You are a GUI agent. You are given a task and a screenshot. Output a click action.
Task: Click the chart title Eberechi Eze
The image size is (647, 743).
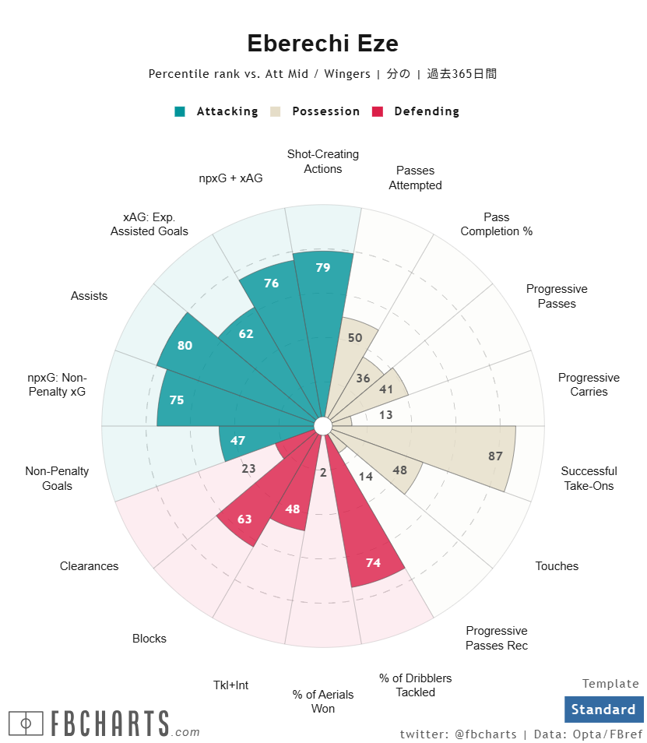pyautogui.click(x=322, y=44)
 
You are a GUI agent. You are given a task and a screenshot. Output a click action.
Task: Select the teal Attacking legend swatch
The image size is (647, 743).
pyautogui.click(x=181, y=111)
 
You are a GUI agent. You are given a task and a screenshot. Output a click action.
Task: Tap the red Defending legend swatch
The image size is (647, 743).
pyautogui.click(x=379, y=111)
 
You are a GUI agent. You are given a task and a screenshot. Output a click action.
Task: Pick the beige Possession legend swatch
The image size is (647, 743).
pyautogui.click(x=276, y=111)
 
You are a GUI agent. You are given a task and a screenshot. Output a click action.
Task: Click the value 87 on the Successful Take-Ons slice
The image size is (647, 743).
pyautogui.click(x=495, y=456)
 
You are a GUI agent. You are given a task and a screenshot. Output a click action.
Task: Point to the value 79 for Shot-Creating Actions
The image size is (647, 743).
pyautogui.click(x=323, y=268)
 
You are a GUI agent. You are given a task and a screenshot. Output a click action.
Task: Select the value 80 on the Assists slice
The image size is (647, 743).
pyautogui.click(x=185, y=345)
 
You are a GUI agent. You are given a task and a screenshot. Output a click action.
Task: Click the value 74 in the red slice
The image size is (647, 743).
pyautogui.click(x=373, y=562)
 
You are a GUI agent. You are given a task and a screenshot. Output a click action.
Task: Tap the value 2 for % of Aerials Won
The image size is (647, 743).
pyautogui.click(x=323, y=473)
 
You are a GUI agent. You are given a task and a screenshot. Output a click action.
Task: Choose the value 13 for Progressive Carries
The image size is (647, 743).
pyautogui.click(x=386, y=415)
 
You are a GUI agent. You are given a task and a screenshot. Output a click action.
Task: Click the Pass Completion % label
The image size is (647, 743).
pyautogui.click(x=496, y=224)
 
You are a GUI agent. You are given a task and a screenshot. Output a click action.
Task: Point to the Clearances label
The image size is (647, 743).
pyautogui.click(x=89, y=566)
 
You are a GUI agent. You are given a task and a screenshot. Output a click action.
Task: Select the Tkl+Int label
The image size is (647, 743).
pyautogui.click(x=230, y=685)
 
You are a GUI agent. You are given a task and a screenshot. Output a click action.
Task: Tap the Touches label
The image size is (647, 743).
pyautogui.click(x=557, y=566)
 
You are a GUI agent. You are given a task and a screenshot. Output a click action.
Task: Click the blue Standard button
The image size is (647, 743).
pyautogui.click(x=603, y=710)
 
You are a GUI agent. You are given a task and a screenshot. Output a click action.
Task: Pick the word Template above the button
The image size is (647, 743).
pyautogui.click(x=610, y=684)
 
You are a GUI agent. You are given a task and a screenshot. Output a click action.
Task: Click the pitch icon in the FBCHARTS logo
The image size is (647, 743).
pyautogui.click(x=26, y=724)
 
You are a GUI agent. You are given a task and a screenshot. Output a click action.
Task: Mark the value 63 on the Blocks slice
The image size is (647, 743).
pyautogui.click(x=244, y=519)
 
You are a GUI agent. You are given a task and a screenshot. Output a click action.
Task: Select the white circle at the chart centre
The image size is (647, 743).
pyautogui.click(x=323, y=425)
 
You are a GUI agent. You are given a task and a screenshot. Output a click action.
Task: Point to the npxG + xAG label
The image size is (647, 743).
pyautogui.click(x=230, y=178)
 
